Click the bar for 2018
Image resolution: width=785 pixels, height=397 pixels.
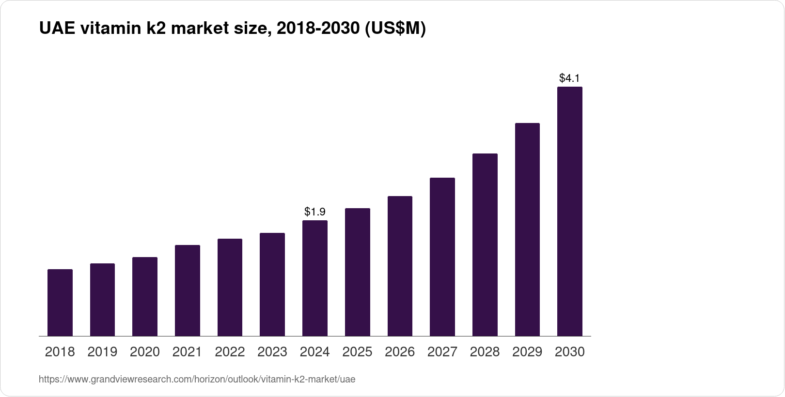click(60, 303)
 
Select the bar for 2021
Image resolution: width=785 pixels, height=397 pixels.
click(188, 290)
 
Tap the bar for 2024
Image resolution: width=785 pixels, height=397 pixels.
click(315, 278)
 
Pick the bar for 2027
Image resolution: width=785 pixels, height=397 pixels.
click(442, 257)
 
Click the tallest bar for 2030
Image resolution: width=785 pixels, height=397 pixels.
click(569, 212)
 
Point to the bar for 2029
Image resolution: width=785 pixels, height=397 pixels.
click(527, 229)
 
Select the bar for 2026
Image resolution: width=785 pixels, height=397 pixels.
click(400, 266)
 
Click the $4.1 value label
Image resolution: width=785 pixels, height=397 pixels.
click(569, 78)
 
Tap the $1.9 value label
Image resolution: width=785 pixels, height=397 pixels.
click(315, 212)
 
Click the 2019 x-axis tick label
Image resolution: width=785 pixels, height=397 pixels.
click(102, 352)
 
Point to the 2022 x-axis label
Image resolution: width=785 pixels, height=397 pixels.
click(230, 352)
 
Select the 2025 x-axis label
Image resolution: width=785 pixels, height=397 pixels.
click(357, 352)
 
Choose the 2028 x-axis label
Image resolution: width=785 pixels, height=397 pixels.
click(485, 352)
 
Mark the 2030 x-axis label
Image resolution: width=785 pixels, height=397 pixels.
click(569, 352)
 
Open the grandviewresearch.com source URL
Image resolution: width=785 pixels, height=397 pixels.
click(197, 380)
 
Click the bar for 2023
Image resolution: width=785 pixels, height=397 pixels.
click(272, 285)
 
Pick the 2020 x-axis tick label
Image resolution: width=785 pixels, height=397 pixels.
click(145, 352)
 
